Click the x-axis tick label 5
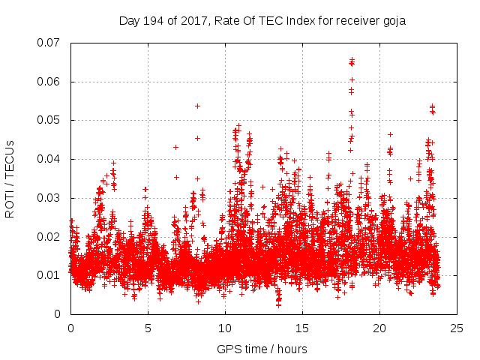pos(148,328)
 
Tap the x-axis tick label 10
pos(225,328)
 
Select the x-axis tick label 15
pos(302,328)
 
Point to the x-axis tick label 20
pos(379,328)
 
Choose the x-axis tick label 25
pos(457,328)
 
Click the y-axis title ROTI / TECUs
pos(10,178)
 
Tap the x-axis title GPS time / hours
pos(262,349)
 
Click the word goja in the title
pos(393,21)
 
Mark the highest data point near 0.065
pos(352,60)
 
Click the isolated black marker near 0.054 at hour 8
pos(197,106)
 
